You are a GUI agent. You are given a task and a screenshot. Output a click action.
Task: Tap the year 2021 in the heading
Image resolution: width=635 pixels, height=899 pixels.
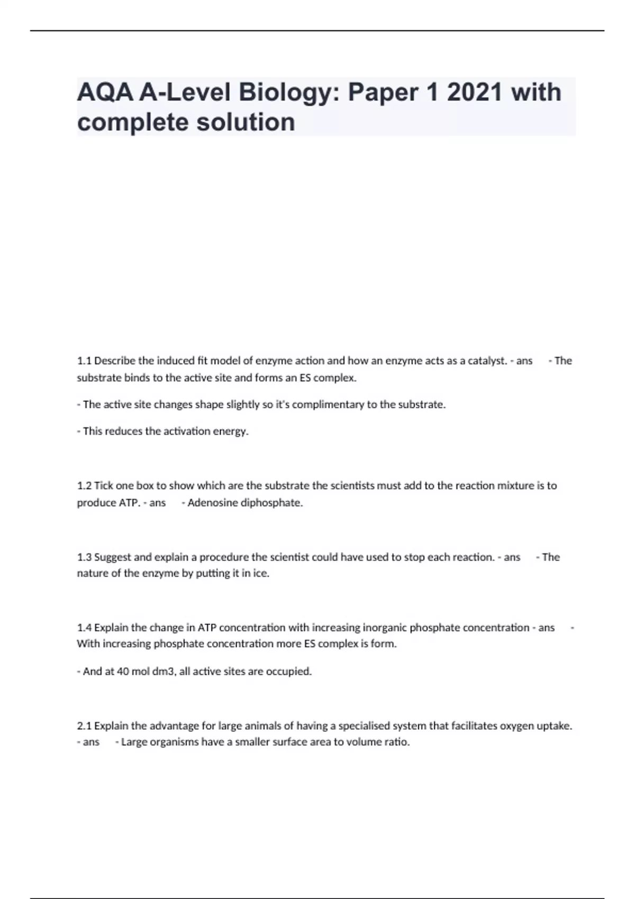pyautogui.click(x=474, y=93)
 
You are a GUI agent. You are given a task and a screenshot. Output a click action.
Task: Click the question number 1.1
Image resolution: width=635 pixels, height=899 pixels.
pyautogui.click(x=84, y=361)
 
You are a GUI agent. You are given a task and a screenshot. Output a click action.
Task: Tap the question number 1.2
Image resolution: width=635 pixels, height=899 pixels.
pyautogui.click(x=85, y=485)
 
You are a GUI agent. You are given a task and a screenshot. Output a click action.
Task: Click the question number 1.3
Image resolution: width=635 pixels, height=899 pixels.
pyautogui.click(x=85, y=557)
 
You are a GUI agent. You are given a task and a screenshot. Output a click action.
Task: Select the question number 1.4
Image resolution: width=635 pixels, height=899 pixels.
pyautogui.click(x=85, y=628)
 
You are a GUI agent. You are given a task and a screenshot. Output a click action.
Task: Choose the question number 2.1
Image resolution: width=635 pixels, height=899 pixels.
pyautogui.click(x=85, y=726)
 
